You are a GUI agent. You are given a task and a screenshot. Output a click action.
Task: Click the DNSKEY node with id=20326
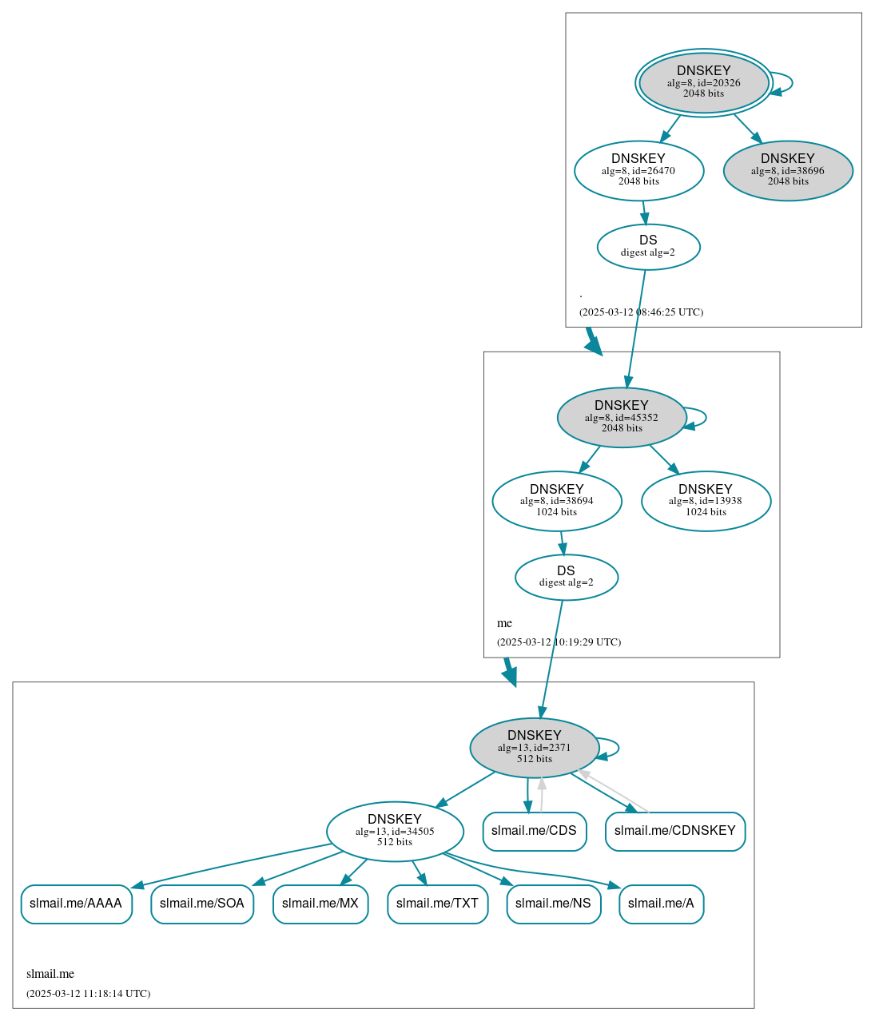pyautogui.click(x=703, y=82)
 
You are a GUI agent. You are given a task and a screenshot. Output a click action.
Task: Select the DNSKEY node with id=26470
pyautogui.click(x=638, y=170)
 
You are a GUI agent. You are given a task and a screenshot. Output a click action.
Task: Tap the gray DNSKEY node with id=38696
pyautogui.click(x=788, y=170)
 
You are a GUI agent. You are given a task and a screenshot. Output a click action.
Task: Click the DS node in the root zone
pyautogui.click(x=648, y=247)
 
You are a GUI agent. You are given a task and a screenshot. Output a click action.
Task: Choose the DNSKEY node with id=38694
pyautogui.click(x=557, y=501)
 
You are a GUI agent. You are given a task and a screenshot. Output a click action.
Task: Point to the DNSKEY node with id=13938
pyautogui.click(x=706, y=501)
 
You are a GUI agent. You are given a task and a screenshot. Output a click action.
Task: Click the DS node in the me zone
pyautogui.click(x=566, y=577)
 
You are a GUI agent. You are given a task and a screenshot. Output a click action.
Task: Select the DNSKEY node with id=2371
pyautogui.click(x=535, y=747)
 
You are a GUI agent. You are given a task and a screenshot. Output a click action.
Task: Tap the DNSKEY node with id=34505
pyautogui.click(x=395, y=831)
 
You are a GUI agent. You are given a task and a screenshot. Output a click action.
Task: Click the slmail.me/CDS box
pyautogui.click(x=534, y=831)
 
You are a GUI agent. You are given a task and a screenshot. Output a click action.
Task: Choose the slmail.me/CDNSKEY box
pyautogui.click(x=674, y=831)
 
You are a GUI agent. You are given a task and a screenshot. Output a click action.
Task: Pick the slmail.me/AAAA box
pyautogui.click(x=76, y=904)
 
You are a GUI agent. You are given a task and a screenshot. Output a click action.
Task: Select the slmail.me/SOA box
pyautogui.click(x=202, y=904)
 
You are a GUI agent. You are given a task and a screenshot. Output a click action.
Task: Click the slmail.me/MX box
pyautogui.click(x=320, y=904)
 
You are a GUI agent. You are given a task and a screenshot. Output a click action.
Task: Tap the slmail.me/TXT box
pyautogui.click(x=437, y=904)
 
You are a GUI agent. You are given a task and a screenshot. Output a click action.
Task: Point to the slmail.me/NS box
pyautogui.click(x=553, y=904)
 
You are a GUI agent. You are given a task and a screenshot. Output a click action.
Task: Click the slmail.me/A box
pyautogui.click(x=661, y=904)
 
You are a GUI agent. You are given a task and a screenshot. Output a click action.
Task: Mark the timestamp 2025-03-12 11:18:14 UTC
pyautogui.click(x=88, y=994)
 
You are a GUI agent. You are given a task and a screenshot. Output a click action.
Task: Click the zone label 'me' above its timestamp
pyautogui.click(x=504, y=623)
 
